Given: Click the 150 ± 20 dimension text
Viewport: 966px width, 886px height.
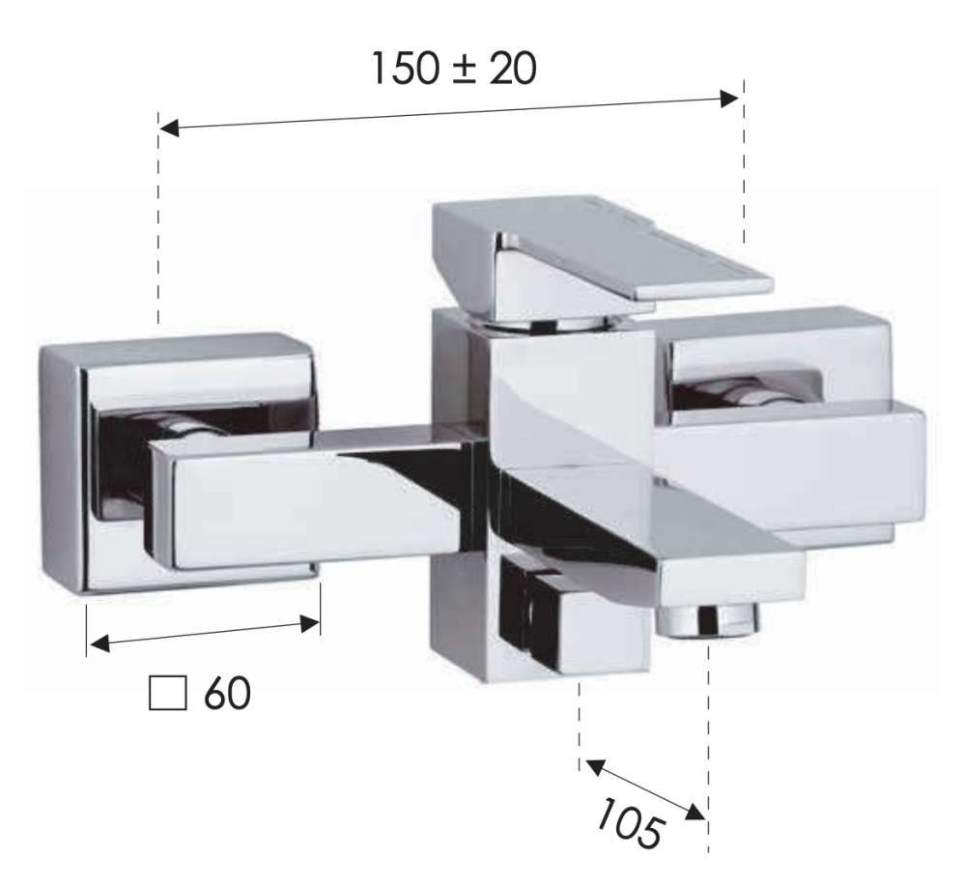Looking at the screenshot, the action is (x=454, y=69).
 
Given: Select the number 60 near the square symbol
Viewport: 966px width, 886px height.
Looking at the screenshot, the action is (x=227, y=693).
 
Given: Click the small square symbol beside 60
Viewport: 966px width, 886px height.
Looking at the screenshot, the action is (x=167, y=693).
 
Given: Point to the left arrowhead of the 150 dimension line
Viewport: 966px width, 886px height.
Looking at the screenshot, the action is (x=169, y=129).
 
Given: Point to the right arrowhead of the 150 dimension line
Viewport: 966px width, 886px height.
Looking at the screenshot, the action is (x=729, y=99).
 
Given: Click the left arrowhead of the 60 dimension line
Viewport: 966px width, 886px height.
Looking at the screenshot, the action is (x=99, y=644).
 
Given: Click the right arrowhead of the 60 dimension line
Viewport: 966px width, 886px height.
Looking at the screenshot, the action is (x=310, y=624).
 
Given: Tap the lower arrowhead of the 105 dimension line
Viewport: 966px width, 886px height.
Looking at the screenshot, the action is (x=696, y=813).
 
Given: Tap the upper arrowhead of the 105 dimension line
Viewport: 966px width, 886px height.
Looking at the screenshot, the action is (x=595, y=767).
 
